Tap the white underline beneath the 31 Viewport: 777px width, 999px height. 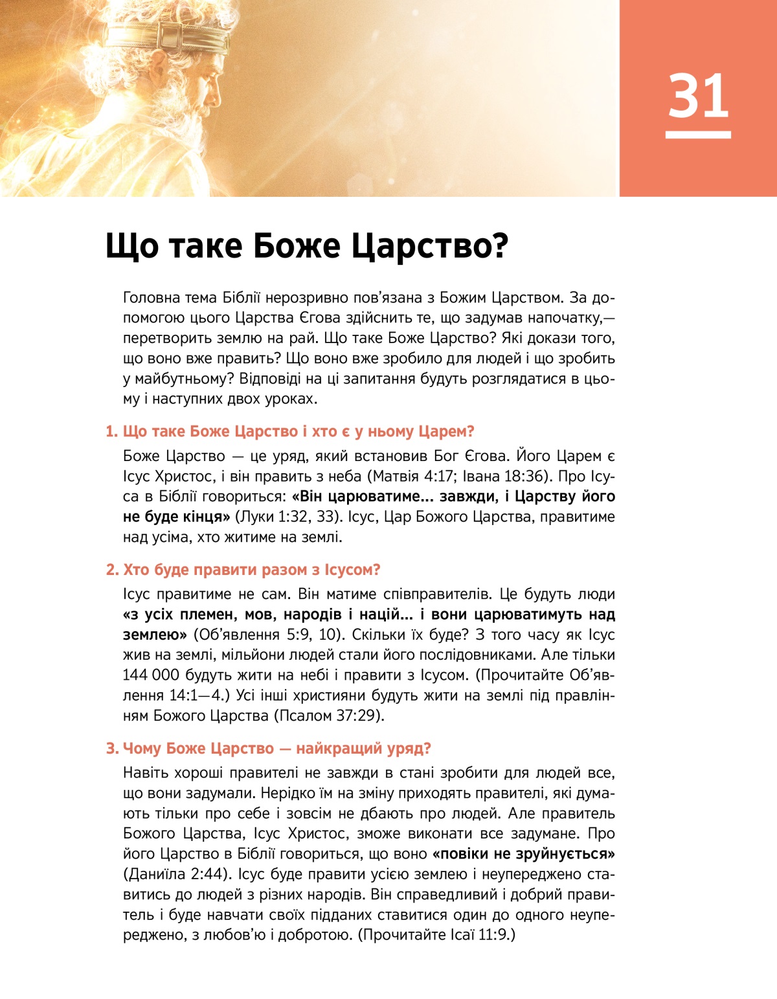[x=698, y=135]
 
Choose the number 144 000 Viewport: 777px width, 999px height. [x=151, y=675]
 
